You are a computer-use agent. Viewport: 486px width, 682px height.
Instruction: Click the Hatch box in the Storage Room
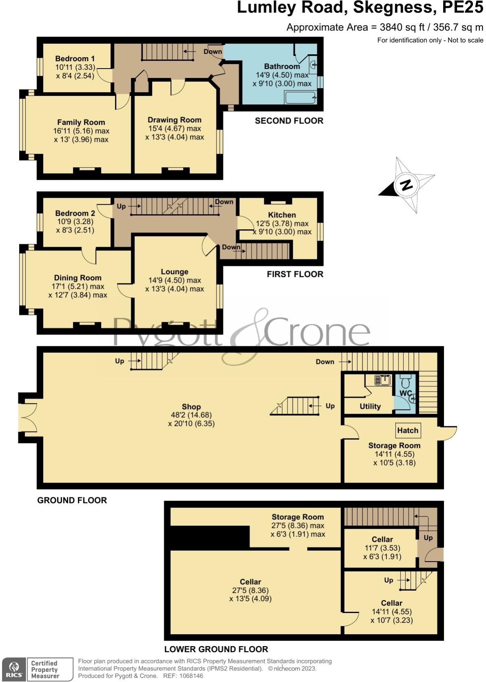tap(408, 430)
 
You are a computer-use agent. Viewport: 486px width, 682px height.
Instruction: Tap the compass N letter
tap(406, 185)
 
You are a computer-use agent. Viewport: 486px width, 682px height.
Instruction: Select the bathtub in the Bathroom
tap(300, 98)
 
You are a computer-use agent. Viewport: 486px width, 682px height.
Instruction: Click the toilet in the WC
tap(405, 383)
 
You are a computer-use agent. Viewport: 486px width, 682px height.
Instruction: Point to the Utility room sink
tap(383, 380)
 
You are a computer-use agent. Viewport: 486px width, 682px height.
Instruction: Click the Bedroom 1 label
tap(75, 58)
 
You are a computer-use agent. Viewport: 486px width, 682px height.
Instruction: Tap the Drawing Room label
tap(175, 120)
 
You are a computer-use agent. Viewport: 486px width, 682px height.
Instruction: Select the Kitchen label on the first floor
tap(282, 215)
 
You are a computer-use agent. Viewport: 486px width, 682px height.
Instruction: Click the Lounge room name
tap(175, 272)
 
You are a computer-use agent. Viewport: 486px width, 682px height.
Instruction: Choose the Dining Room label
tap(77, 278)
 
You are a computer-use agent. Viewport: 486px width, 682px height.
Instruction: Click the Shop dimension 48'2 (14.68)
tap(191, 415)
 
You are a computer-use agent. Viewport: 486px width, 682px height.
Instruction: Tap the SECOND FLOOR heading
tap(289, 121)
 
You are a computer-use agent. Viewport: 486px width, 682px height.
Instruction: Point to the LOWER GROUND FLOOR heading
tap(216, 649)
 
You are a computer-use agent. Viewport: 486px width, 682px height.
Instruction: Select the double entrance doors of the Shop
tap(27, 417)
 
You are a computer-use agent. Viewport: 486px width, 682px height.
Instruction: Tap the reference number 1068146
tap(188, 676)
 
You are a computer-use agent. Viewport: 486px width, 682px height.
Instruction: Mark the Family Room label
tap(81, 122)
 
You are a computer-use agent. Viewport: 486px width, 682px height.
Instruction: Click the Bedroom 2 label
tap(75, 213)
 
